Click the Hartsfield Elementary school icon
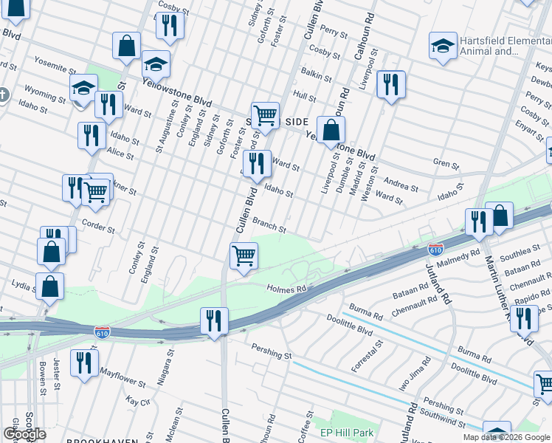443,44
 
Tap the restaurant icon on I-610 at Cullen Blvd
214,321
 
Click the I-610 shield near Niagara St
102,332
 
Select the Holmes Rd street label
286,289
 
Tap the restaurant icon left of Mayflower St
84,363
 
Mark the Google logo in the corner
24,434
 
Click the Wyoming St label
44,95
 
